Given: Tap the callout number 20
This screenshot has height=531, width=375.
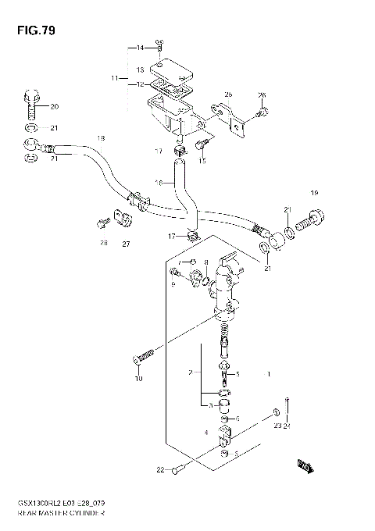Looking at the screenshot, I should click(x=54, y=106).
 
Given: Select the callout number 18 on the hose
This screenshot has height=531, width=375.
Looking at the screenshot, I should click(x=100, y=138).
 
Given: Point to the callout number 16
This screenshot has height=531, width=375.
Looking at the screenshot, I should click(x=158, y=182).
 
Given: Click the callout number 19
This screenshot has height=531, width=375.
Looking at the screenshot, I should click(x=314, y=193).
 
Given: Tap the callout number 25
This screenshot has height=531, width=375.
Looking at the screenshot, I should click(x=229, y=94).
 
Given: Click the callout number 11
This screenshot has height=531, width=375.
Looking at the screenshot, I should click(x=114, y=78).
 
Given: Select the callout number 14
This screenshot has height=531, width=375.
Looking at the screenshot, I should click(x=141, y=48).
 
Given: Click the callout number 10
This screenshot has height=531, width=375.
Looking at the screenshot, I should click(x=138, y=379).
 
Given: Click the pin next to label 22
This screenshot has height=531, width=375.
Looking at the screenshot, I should click(x=177, y=469).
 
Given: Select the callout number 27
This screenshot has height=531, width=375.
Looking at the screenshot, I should click(x=124, y=244).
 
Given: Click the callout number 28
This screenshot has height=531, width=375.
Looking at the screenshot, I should click(x=102, y=244).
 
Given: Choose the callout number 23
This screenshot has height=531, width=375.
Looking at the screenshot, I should click(x=277, y=425).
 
